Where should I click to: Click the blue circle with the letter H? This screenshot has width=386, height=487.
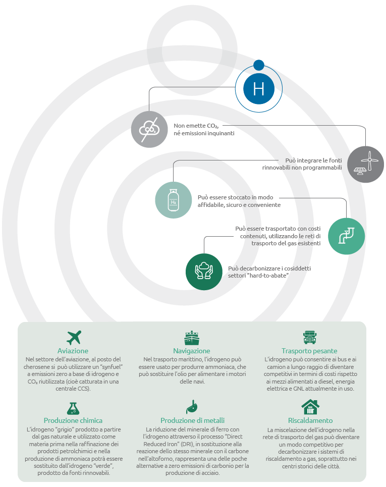click(259, 89)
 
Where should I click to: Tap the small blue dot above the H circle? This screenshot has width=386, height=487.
click(259, 65)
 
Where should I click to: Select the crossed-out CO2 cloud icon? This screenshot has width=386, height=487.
click(149, 129)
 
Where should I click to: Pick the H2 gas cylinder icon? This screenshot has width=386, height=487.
click(173, 200)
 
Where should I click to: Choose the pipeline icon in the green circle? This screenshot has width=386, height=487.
click(346, 236)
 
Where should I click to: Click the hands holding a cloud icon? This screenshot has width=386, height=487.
click(204, 272)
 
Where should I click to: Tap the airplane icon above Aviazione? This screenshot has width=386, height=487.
click(74, 338)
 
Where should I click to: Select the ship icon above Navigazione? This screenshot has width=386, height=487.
click(192, 338)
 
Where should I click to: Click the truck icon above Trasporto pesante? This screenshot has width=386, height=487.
click(310, 337)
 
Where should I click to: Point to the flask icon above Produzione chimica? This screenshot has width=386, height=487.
click(73, 408)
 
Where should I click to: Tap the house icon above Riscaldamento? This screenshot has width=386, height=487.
click(310, 407)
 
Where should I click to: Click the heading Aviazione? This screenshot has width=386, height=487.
click(73, 351)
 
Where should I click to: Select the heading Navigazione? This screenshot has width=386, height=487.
click(192, 351)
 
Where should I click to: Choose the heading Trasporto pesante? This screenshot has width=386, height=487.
click(309, 351)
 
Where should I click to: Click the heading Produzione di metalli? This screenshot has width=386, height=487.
click(193, 420)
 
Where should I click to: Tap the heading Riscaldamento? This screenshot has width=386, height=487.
click(310, 420)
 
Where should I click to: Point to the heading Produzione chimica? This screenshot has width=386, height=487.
click(73, 420)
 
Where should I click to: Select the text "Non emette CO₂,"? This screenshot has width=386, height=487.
click(196, 126)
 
